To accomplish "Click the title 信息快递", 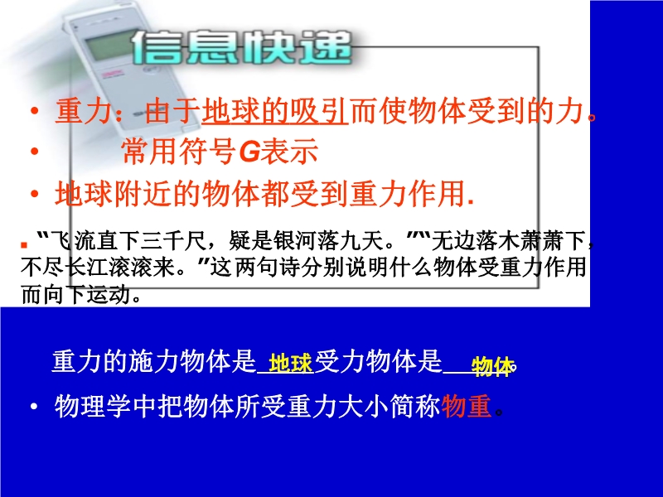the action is [x=241, y=48].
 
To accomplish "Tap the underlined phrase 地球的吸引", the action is [x=275, y=111].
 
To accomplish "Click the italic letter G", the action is [x=249, y=152].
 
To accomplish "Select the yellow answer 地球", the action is [x=291, y=363].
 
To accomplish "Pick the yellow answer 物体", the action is [x=491, y=366].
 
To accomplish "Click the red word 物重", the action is [x=466, y=406].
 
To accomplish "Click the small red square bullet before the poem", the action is [x=24, y=245].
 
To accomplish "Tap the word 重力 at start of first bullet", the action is [x=84, y=112].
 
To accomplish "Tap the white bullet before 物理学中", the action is [x=34, y=407].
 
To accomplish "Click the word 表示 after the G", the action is [x=289, y=152].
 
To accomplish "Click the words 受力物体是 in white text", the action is [x=379, y=362].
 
